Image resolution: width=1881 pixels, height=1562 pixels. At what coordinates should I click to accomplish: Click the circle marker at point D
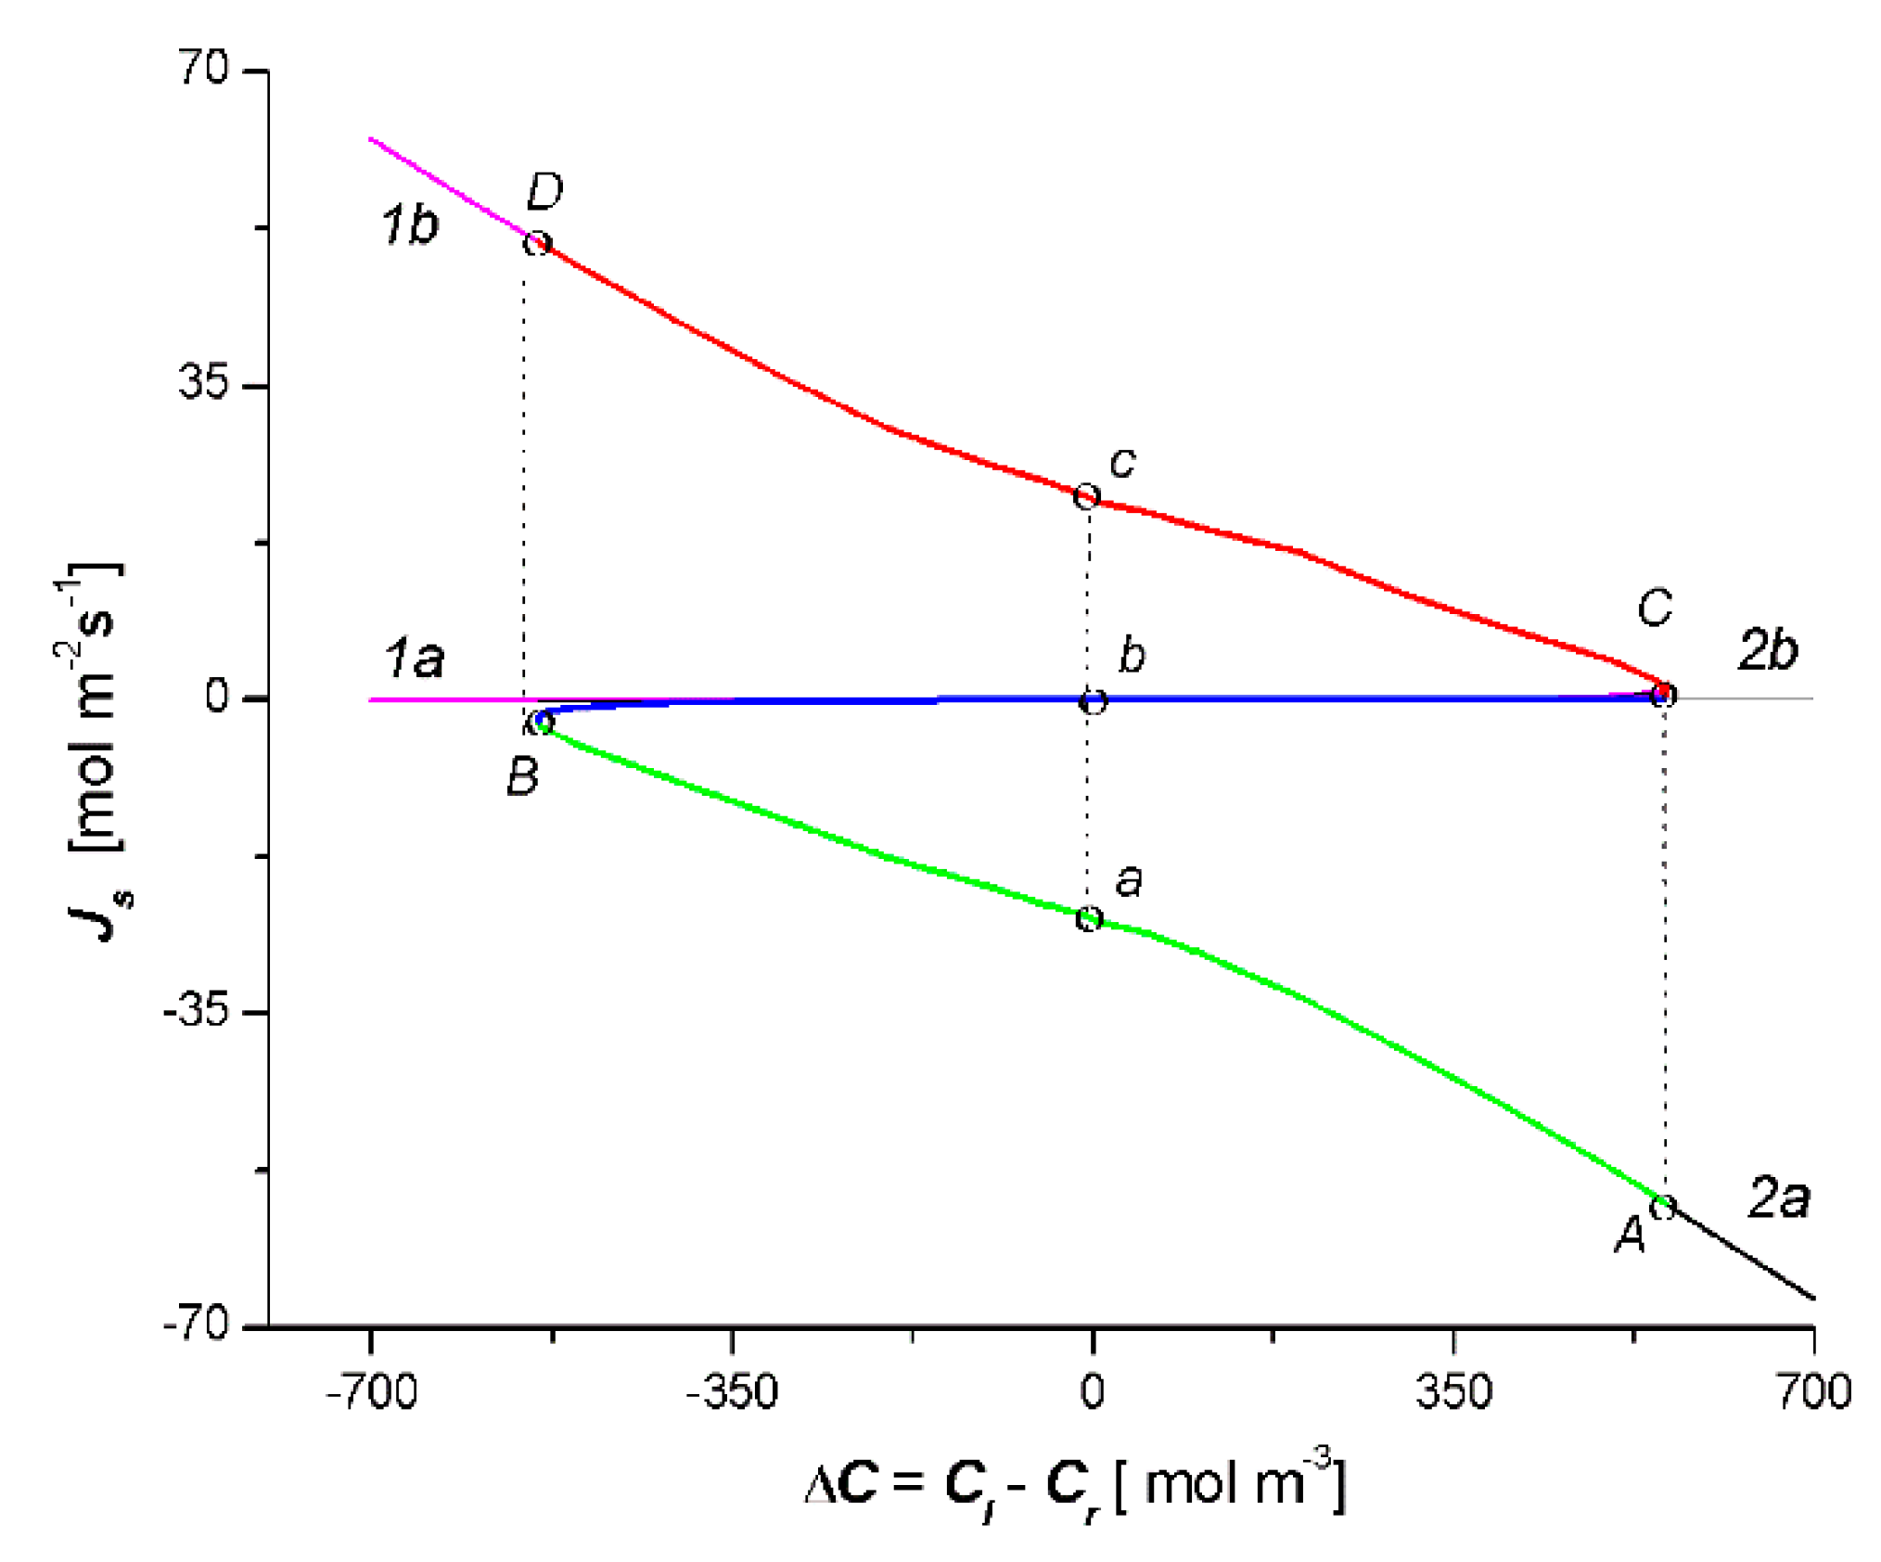537,244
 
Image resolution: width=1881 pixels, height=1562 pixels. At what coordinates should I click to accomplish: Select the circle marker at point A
1663,1207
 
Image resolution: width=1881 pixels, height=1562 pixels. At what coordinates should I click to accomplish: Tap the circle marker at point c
1086,496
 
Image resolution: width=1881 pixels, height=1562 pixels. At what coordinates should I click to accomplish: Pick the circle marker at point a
1089,919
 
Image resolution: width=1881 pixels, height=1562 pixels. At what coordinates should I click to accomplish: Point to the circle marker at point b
1094,701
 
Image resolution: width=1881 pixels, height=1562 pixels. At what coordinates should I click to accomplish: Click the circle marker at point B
543,723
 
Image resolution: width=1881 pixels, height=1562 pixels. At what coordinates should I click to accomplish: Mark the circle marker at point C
1665,694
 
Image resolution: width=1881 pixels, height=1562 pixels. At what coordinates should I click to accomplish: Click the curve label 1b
409,225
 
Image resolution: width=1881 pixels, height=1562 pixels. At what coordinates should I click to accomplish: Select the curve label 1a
414,659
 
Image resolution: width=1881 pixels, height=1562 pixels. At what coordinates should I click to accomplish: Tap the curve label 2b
1768,650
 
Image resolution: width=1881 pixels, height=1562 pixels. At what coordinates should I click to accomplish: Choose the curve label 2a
1779,1197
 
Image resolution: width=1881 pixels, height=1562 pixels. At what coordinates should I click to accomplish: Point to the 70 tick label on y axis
203,68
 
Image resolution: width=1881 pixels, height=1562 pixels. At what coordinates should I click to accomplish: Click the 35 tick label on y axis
203,382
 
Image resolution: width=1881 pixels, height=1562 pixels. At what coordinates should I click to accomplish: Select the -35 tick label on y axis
196,1010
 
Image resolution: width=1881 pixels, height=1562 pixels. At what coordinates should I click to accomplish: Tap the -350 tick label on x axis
731,1392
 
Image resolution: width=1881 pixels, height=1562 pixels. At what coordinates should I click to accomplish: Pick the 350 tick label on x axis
1453,1392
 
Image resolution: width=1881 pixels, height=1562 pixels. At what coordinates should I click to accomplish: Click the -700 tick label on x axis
371,1392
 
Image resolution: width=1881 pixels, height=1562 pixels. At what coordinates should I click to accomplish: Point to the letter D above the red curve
544,192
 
